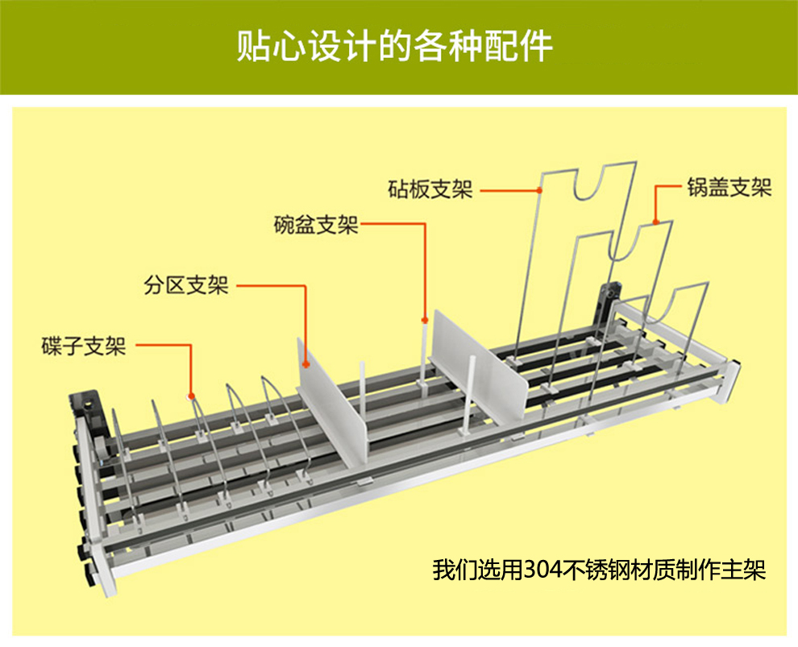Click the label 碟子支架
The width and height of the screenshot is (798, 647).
point(84,346)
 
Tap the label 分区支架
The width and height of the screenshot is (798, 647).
point(186,285)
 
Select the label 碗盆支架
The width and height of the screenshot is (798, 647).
point(316,225)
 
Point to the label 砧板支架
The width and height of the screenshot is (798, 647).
point(430,190)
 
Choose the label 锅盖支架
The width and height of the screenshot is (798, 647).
point(729,188)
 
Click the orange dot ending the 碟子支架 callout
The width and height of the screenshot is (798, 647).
point(192,396)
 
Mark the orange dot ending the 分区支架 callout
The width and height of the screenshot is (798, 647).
point(306,364)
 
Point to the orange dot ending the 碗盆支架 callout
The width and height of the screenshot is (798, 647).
point(424,320)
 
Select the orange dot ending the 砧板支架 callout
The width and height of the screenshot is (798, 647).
point(539,191)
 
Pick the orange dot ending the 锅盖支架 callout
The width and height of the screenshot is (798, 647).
point(656,221)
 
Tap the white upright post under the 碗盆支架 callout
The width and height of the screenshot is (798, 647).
point(423,355)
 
